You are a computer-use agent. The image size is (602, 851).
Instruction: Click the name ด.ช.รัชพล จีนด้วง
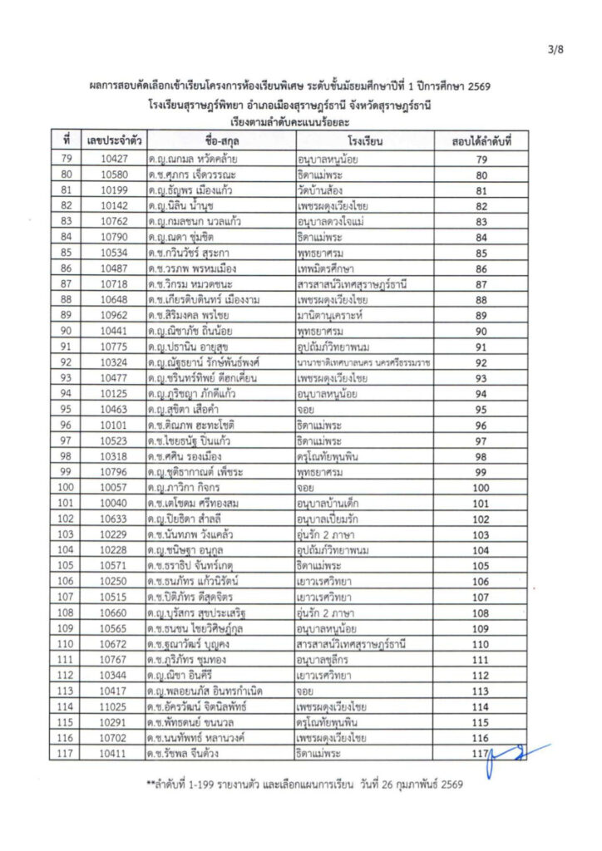click(x=191, y=755)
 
